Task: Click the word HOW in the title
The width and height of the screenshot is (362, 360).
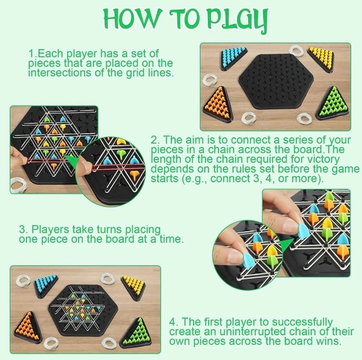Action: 132,19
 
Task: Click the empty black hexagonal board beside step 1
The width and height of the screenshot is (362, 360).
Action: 276,81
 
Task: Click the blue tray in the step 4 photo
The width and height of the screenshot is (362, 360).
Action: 46,285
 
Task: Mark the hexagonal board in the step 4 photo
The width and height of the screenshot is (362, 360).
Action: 83,310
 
